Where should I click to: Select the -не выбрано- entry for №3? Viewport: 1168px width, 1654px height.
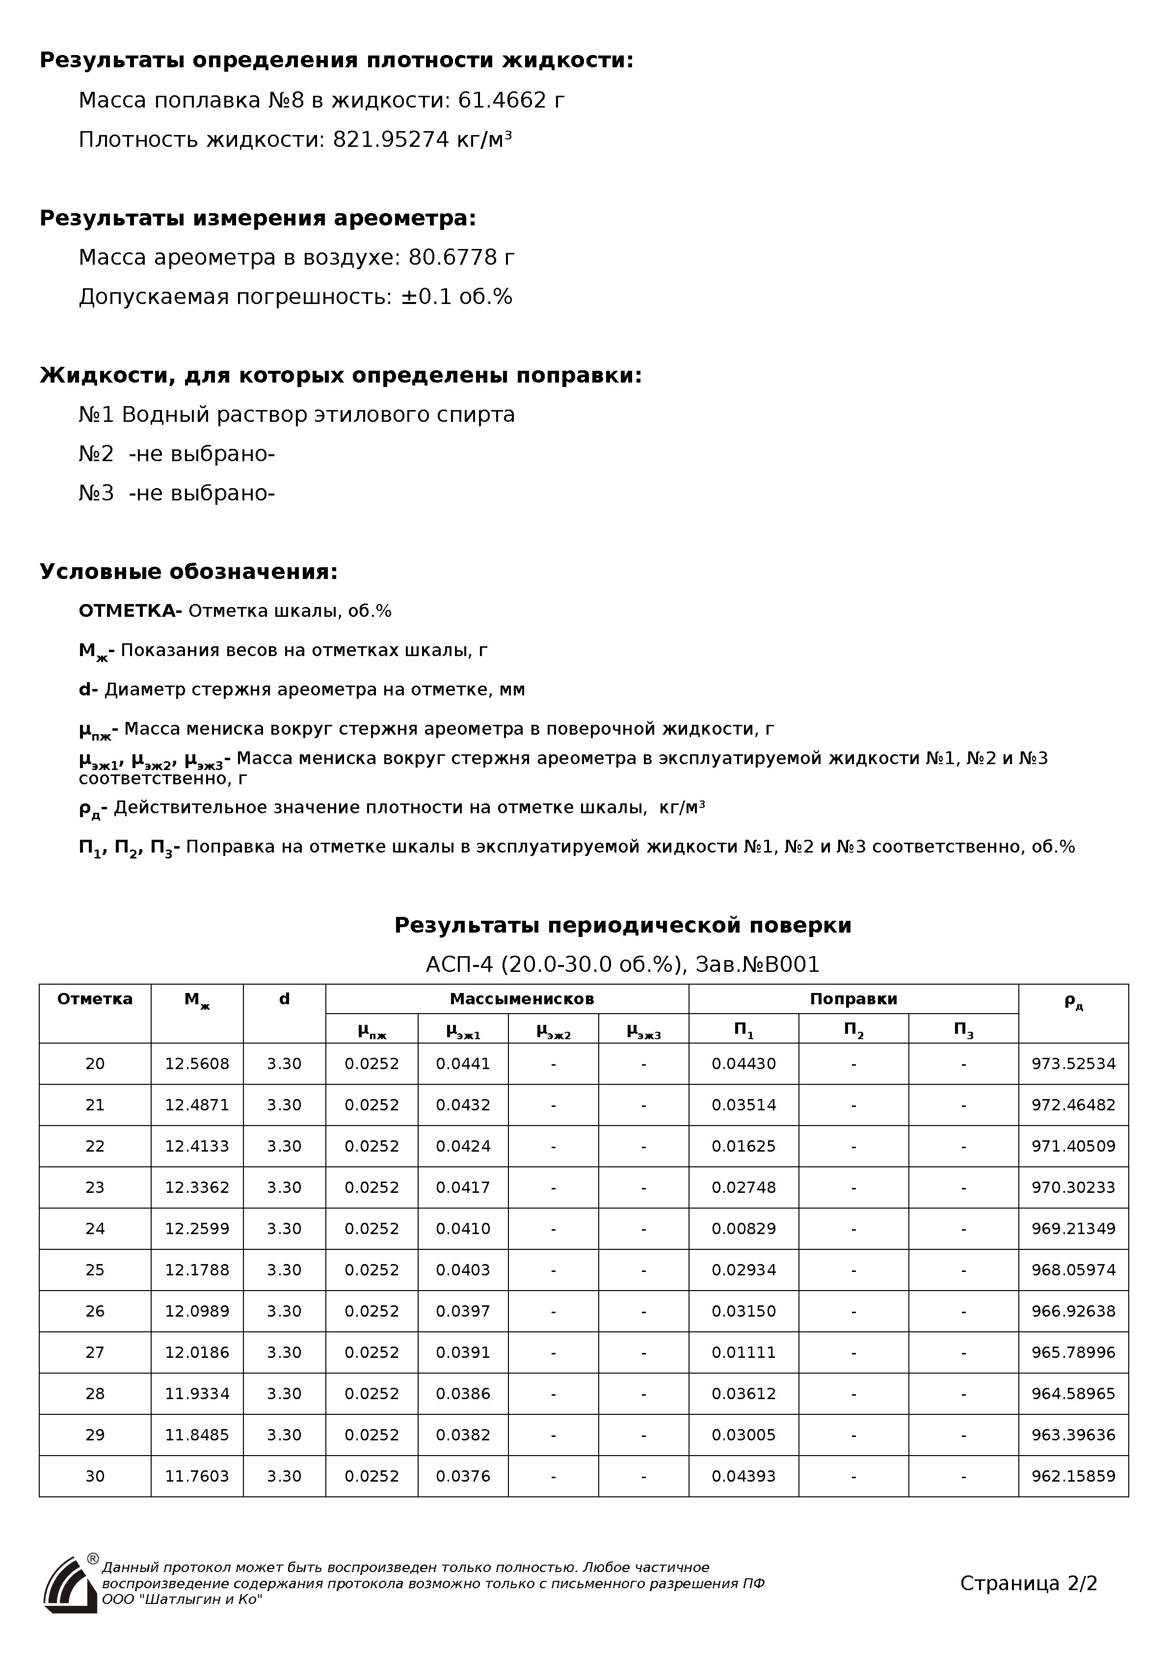[x=202, y=494]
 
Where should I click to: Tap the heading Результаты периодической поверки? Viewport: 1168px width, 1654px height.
[x=623, y=925]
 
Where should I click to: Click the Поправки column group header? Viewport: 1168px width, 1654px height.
[x=853, y=998]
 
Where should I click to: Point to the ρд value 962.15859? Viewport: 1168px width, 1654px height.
[x=1073, y=1476]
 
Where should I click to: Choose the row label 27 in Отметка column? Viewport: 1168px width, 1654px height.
[x=95, y=1352]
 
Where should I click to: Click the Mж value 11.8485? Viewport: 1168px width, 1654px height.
[x=197, y=1435]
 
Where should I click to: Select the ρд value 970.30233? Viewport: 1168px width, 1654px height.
[x=1073, y=1187]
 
